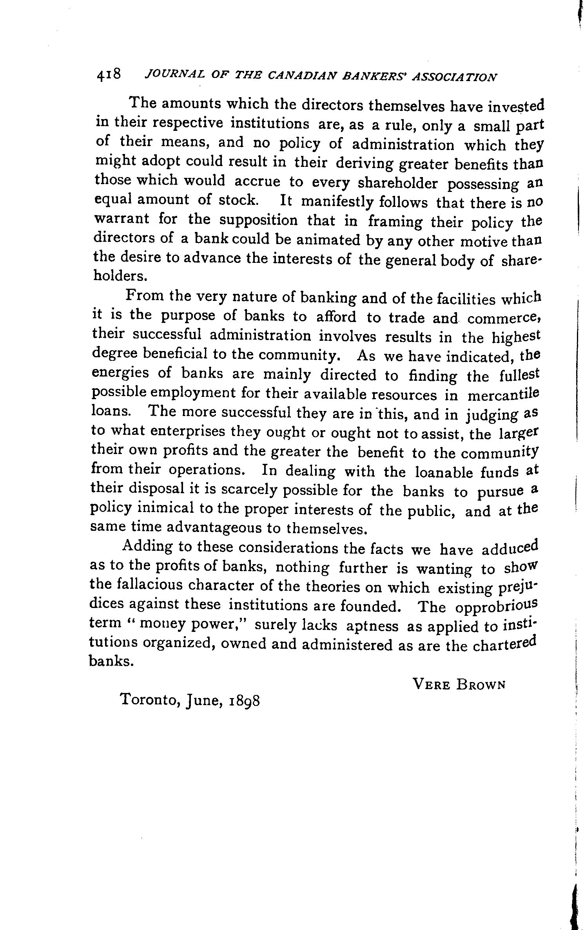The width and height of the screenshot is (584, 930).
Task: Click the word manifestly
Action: click(335, 202)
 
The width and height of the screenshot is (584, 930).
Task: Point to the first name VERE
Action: click(431, 684)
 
